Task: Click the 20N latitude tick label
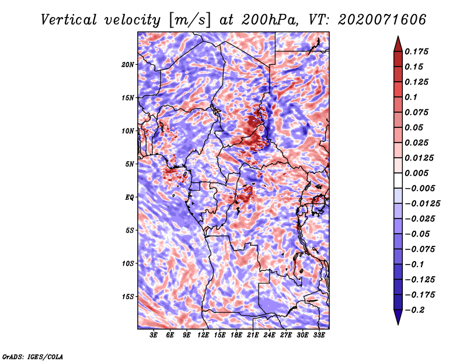(128, 65)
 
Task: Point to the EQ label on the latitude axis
(130, 197)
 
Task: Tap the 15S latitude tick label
(128, 297)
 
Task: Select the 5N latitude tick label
(130, 164)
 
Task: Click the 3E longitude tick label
(154, 335)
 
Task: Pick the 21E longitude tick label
(253, 335)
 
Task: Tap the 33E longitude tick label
(319, 335)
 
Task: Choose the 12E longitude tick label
(203, 335)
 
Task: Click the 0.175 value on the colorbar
(416, 51)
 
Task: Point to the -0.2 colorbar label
(414, 310)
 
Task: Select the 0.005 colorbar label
(416, 173)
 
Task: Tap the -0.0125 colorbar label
(422, 204)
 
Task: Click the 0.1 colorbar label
(411, 97)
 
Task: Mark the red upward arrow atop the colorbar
(398, 44)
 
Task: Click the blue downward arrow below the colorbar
(398, 317)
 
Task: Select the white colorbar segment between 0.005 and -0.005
(398, 180)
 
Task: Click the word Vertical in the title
(69, 20)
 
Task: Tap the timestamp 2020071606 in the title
(382, 20)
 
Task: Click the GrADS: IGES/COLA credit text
(33, 356)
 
